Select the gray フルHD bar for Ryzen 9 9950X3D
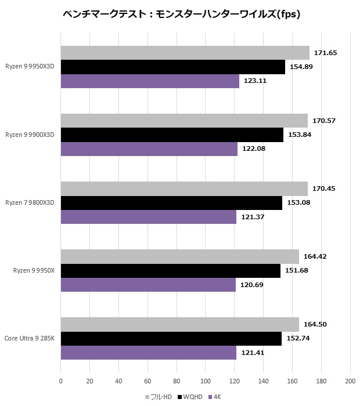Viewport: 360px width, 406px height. [x=185, y=53]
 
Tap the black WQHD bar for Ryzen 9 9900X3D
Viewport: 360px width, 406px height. [x=172, y=135]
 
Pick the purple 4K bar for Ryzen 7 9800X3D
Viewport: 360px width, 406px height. [x=148, y=217]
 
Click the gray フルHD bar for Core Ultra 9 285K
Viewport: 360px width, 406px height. [x=179, y=325]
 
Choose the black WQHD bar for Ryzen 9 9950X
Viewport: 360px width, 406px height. [x=170, y=271]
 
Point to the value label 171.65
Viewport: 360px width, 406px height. [x=326, y=53]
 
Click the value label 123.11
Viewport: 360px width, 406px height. [x=255, y=81]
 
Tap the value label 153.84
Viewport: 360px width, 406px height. [x=300, y=135]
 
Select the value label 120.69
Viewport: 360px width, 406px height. [x=252, y=285]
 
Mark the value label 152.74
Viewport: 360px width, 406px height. [x=298, y=339]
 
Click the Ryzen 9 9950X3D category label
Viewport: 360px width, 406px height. [x=30, y=67]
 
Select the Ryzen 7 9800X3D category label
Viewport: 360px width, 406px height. [x=30, y=202]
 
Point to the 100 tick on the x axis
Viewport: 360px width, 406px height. [x=205, y=381]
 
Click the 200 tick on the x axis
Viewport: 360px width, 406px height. [x=350, y=381]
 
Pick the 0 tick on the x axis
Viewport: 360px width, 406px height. [x=61, y=381]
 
